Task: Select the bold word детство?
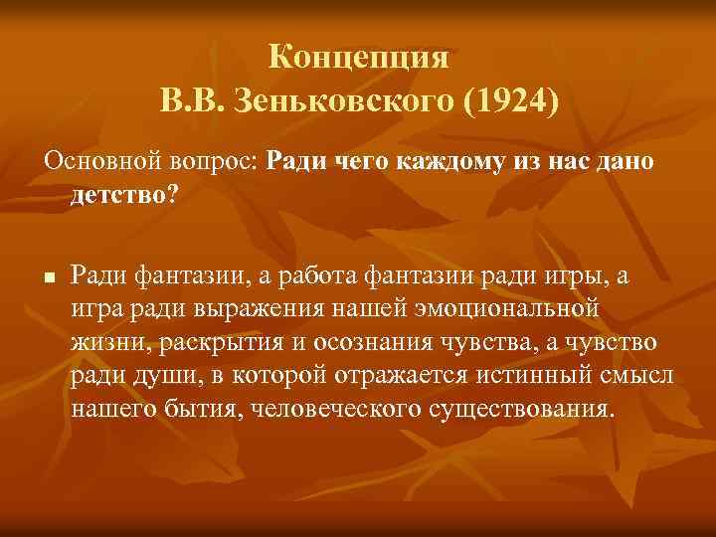click(124, 192)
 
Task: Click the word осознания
click(369, 340)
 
